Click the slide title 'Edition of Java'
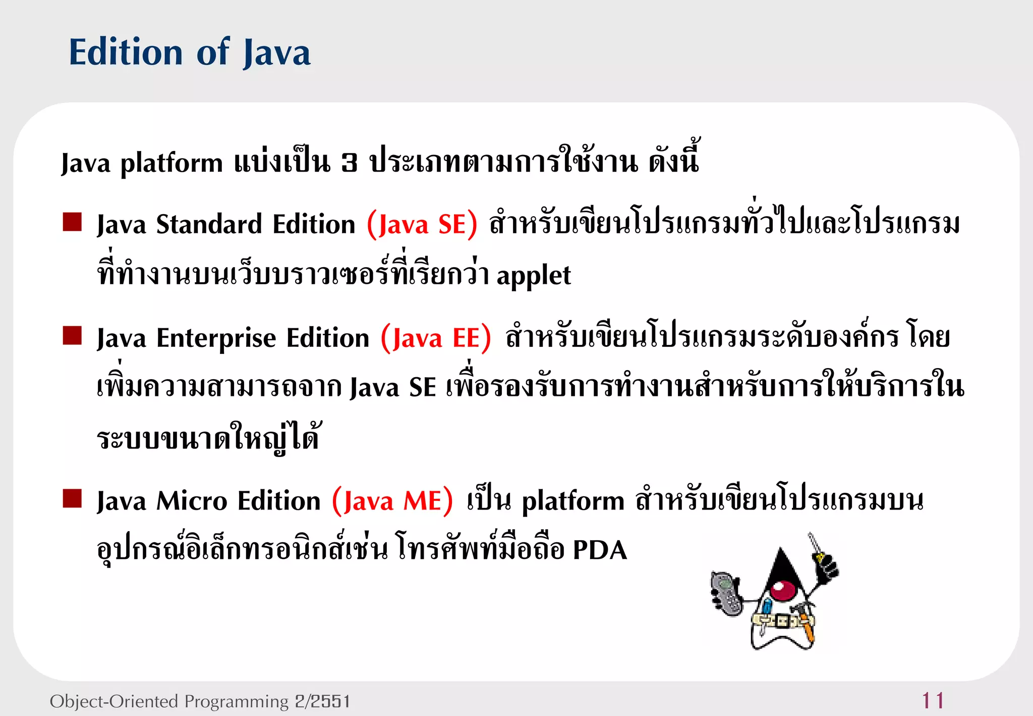(190, 52)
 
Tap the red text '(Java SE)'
(422, 225)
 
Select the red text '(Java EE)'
(435, 338)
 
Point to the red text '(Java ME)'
(392, 501)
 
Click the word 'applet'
(534, 276)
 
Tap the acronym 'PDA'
(600, 550)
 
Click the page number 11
(933, 701)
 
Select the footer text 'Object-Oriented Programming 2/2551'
(200, 701)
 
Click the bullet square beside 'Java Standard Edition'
(72, 222)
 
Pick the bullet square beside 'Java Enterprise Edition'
(72, 335)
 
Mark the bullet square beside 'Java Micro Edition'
(72, 498)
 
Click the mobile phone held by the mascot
(726, 594)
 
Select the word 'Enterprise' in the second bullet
(216, 338)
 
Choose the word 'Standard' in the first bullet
(209, 225)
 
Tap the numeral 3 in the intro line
(349, 163)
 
